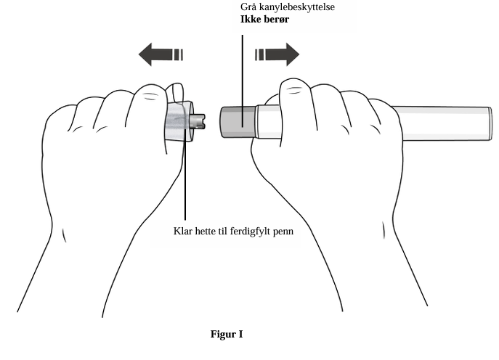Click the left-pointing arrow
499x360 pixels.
[x=161, y=54]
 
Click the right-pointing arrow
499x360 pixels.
[x=277, y=54]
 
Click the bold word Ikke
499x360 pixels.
[x=249, y=19]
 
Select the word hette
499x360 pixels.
[x=206, y=231]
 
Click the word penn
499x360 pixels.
[x=283, y=232]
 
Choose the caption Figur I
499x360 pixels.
[x=227, y=335]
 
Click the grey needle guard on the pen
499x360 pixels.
[x=238, y=122]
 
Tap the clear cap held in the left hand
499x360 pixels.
[x=179, y=121]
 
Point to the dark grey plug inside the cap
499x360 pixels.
[x=198, y=122]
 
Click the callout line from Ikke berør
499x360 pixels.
[x=243, y=81]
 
